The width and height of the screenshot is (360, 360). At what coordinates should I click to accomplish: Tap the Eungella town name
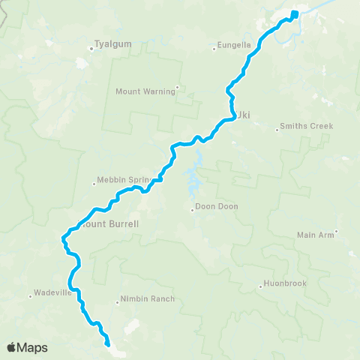click(x=235, y=45)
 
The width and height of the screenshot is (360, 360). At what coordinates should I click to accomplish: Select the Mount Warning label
click(x=145, y=92)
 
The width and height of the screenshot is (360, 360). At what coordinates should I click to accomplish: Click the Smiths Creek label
click(x=305, y=126)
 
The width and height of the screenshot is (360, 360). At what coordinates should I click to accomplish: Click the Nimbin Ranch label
click(x=148, y=299)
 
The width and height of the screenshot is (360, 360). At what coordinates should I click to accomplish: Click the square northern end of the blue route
click(x=295, y=13)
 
